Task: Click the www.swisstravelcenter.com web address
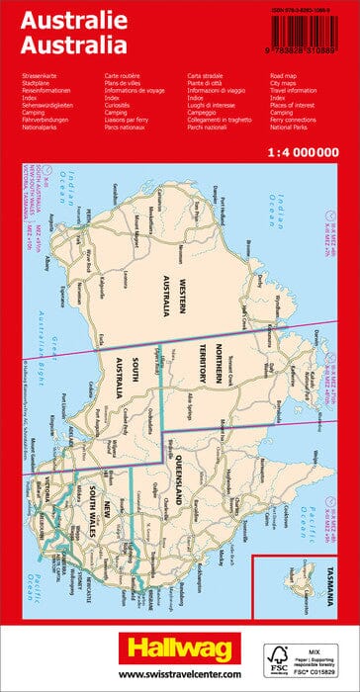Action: pyautogui.click(x=179, y=674)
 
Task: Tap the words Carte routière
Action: pyautogui.click(x=125, y=74)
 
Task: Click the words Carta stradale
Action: pyautogui.click(x=207, y=74)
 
